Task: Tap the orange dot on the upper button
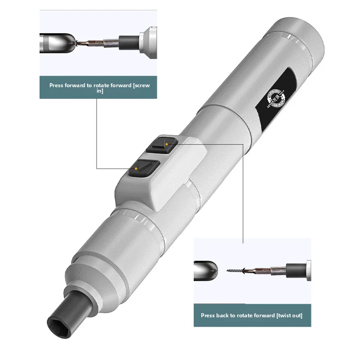tap(167, 144)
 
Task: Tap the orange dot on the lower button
tap(136, 169)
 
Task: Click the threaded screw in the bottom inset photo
tap(235, 270)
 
